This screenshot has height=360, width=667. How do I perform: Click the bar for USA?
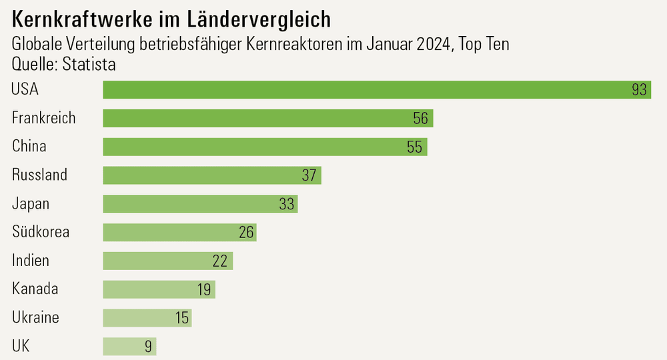coord(377,90)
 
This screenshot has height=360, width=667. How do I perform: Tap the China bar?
coord(265,147)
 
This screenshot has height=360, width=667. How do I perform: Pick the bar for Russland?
coord(212,175)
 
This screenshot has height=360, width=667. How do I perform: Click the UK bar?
coord(129,346)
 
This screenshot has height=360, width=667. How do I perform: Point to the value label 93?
coord(640,90)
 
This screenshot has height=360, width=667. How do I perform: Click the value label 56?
coord(420,119)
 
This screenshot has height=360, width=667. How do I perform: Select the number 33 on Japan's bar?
coord(287,204)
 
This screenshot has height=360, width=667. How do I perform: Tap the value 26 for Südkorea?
coord(246,233)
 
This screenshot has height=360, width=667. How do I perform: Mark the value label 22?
coord(220,261)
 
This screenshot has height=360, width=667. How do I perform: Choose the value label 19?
coord(204,289)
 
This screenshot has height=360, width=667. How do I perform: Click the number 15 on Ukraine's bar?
coord(182,318)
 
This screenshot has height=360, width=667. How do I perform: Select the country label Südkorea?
coord(41,232)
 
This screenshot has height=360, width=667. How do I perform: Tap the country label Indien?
coord(31,261)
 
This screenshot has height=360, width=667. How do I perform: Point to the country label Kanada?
coord(35,289)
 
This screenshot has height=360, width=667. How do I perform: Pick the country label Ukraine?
coord(35,317)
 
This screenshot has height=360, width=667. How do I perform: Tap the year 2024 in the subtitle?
coord(434,46)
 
